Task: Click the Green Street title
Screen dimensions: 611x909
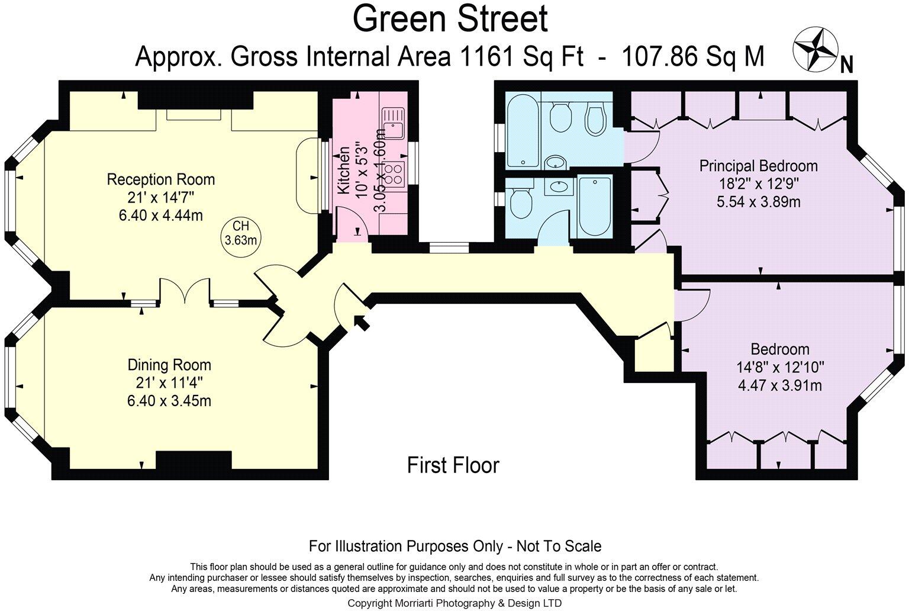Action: [x=450, y=19]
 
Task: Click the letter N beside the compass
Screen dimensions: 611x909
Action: [x=846, y=65]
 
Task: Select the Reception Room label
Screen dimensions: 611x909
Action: [x=160, y=179]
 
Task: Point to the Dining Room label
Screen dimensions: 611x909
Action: [x=169, y=365]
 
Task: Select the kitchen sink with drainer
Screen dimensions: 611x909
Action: [x=392, y=122]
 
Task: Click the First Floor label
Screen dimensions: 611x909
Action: [x=453, y=465]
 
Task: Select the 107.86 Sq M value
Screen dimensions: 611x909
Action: [x=692, y=57]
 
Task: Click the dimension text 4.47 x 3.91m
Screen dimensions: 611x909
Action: [x=779, y=385]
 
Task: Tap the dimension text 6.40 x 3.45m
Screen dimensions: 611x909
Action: [x=169, y=401]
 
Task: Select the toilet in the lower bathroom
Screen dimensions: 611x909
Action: [x=521, y=205]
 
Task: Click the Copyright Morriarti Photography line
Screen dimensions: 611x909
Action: [x=454, y=603]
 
